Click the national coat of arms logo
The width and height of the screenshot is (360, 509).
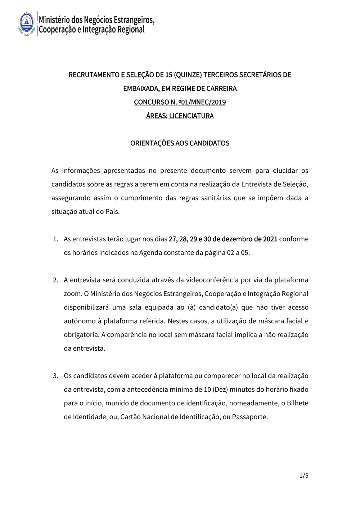(x=27, y=23)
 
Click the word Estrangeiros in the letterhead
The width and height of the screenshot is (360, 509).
(x=134, y=19)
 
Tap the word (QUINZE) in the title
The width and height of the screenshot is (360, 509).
(x=188, y=75)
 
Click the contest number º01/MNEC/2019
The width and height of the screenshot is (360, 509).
(x=202, y=102)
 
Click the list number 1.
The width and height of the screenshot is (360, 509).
(x=55, y=239)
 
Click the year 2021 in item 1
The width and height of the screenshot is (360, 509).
(x=270, y=239)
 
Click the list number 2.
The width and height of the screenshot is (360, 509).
(x=55, y=280)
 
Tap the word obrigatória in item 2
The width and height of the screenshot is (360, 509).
(x=81, y=335)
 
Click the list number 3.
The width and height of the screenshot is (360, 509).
(x=55, y=376)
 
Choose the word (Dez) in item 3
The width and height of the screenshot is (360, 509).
(x=220, y=389)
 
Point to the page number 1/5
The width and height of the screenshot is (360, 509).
(x=304, y=476)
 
